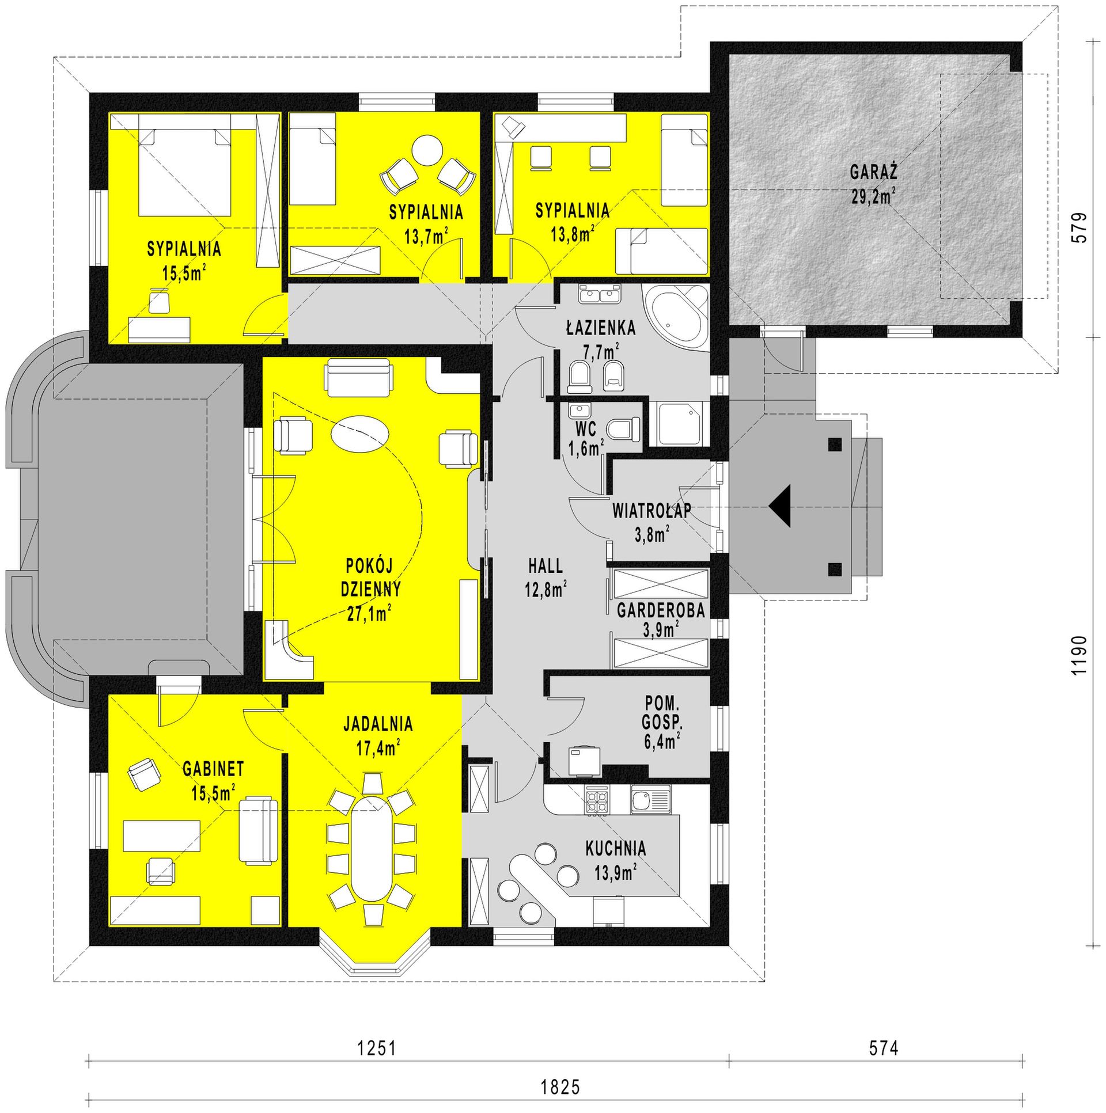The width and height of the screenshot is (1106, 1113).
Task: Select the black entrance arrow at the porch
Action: coord(779,506)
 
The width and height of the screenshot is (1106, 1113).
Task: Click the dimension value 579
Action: coord(1080,228)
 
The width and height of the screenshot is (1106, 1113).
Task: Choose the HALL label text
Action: coord(545,566)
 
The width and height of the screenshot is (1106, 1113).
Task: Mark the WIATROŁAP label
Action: coord(652,511)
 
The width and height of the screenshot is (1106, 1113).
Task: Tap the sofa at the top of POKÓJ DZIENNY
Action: coord(358,378)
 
